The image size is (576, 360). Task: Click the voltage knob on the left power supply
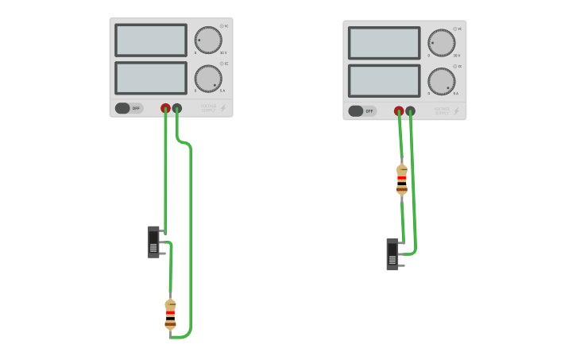coord(208,41)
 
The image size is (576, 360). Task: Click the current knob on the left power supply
coord(208,79)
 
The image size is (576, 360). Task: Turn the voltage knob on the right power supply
coord(442,43)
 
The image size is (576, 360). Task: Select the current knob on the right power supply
coord(442,81)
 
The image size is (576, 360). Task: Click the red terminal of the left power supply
coord(165,108)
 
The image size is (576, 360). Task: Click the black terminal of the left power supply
coord(177,108)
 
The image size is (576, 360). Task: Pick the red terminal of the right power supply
coord(399,111)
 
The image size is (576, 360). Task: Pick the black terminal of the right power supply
coord(411,111)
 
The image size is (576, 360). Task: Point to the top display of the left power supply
coord(151,41)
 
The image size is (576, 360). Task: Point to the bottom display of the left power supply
coord(151,78)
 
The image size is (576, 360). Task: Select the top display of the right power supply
coord(385,43)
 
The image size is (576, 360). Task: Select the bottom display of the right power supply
coord(385,81)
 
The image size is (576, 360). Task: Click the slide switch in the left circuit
coord(154,242)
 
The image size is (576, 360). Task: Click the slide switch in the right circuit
coord(392,254)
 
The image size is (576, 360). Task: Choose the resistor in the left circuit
coord(170,314)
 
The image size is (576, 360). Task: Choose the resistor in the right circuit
coord(402,180)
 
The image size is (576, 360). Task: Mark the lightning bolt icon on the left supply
coord(223,108)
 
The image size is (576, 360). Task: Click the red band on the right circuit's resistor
coord(402,179)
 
